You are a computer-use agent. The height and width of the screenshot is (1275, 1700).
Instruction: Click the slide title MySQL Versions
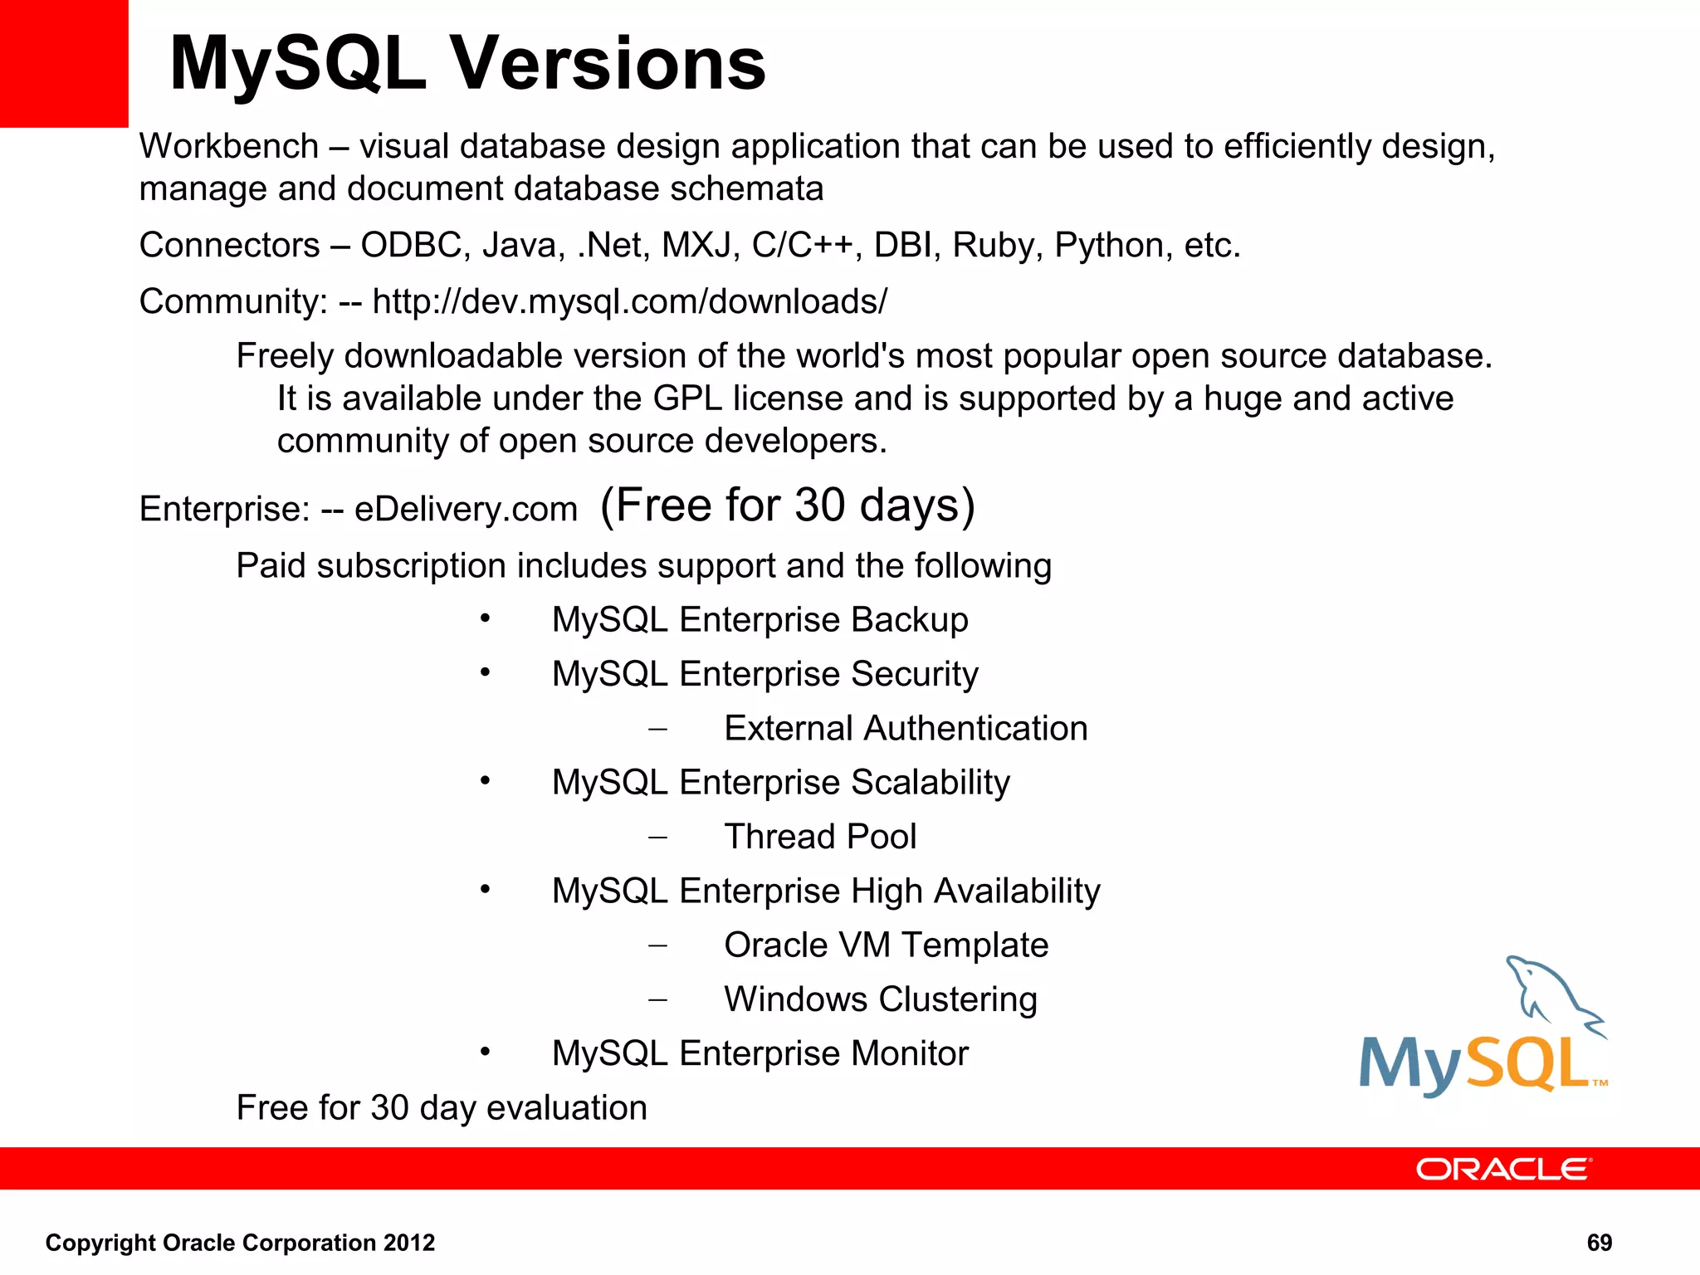467,64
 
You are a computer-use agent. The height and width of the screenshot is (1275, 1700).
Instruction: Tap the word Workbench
228,147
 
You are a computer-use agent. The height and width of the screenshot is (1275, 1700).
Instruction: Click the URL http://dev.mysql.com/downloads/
629,301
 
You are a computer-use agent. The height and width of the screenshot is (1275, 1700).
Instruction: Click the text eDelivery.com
466,509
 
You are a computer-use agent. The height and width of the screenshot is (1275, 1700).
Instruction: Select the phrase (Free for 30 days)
786,506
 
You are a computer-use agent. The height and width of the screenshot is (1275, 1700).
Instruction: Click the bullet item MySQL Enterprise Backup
760,620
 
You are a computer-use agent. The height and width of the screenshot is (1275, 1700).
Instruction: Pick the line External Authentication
905,729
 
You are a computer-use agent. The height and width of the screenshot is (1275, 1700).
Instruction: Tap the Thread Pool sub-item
819,837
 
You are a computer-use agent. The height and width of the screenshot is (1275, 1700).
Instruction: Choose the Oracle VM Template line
886,945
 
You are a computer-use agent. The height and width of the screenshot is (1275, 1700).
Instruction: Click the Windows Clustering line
880,999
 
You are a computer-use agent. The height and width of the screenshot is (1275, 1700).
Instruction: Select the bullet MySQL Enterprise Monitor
760,1054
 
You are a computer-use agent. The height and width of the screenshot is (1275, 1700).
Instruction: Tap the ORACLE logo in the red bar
1503,1169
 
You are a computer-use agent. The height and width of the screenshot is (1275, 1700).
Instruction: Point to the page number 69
1599,1243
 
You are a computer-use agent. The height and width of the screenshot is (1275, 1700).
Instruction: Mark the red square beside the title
64,63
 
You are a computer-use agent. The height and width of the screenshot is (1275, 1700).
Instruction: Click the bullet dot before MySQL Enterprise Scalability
486,780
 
